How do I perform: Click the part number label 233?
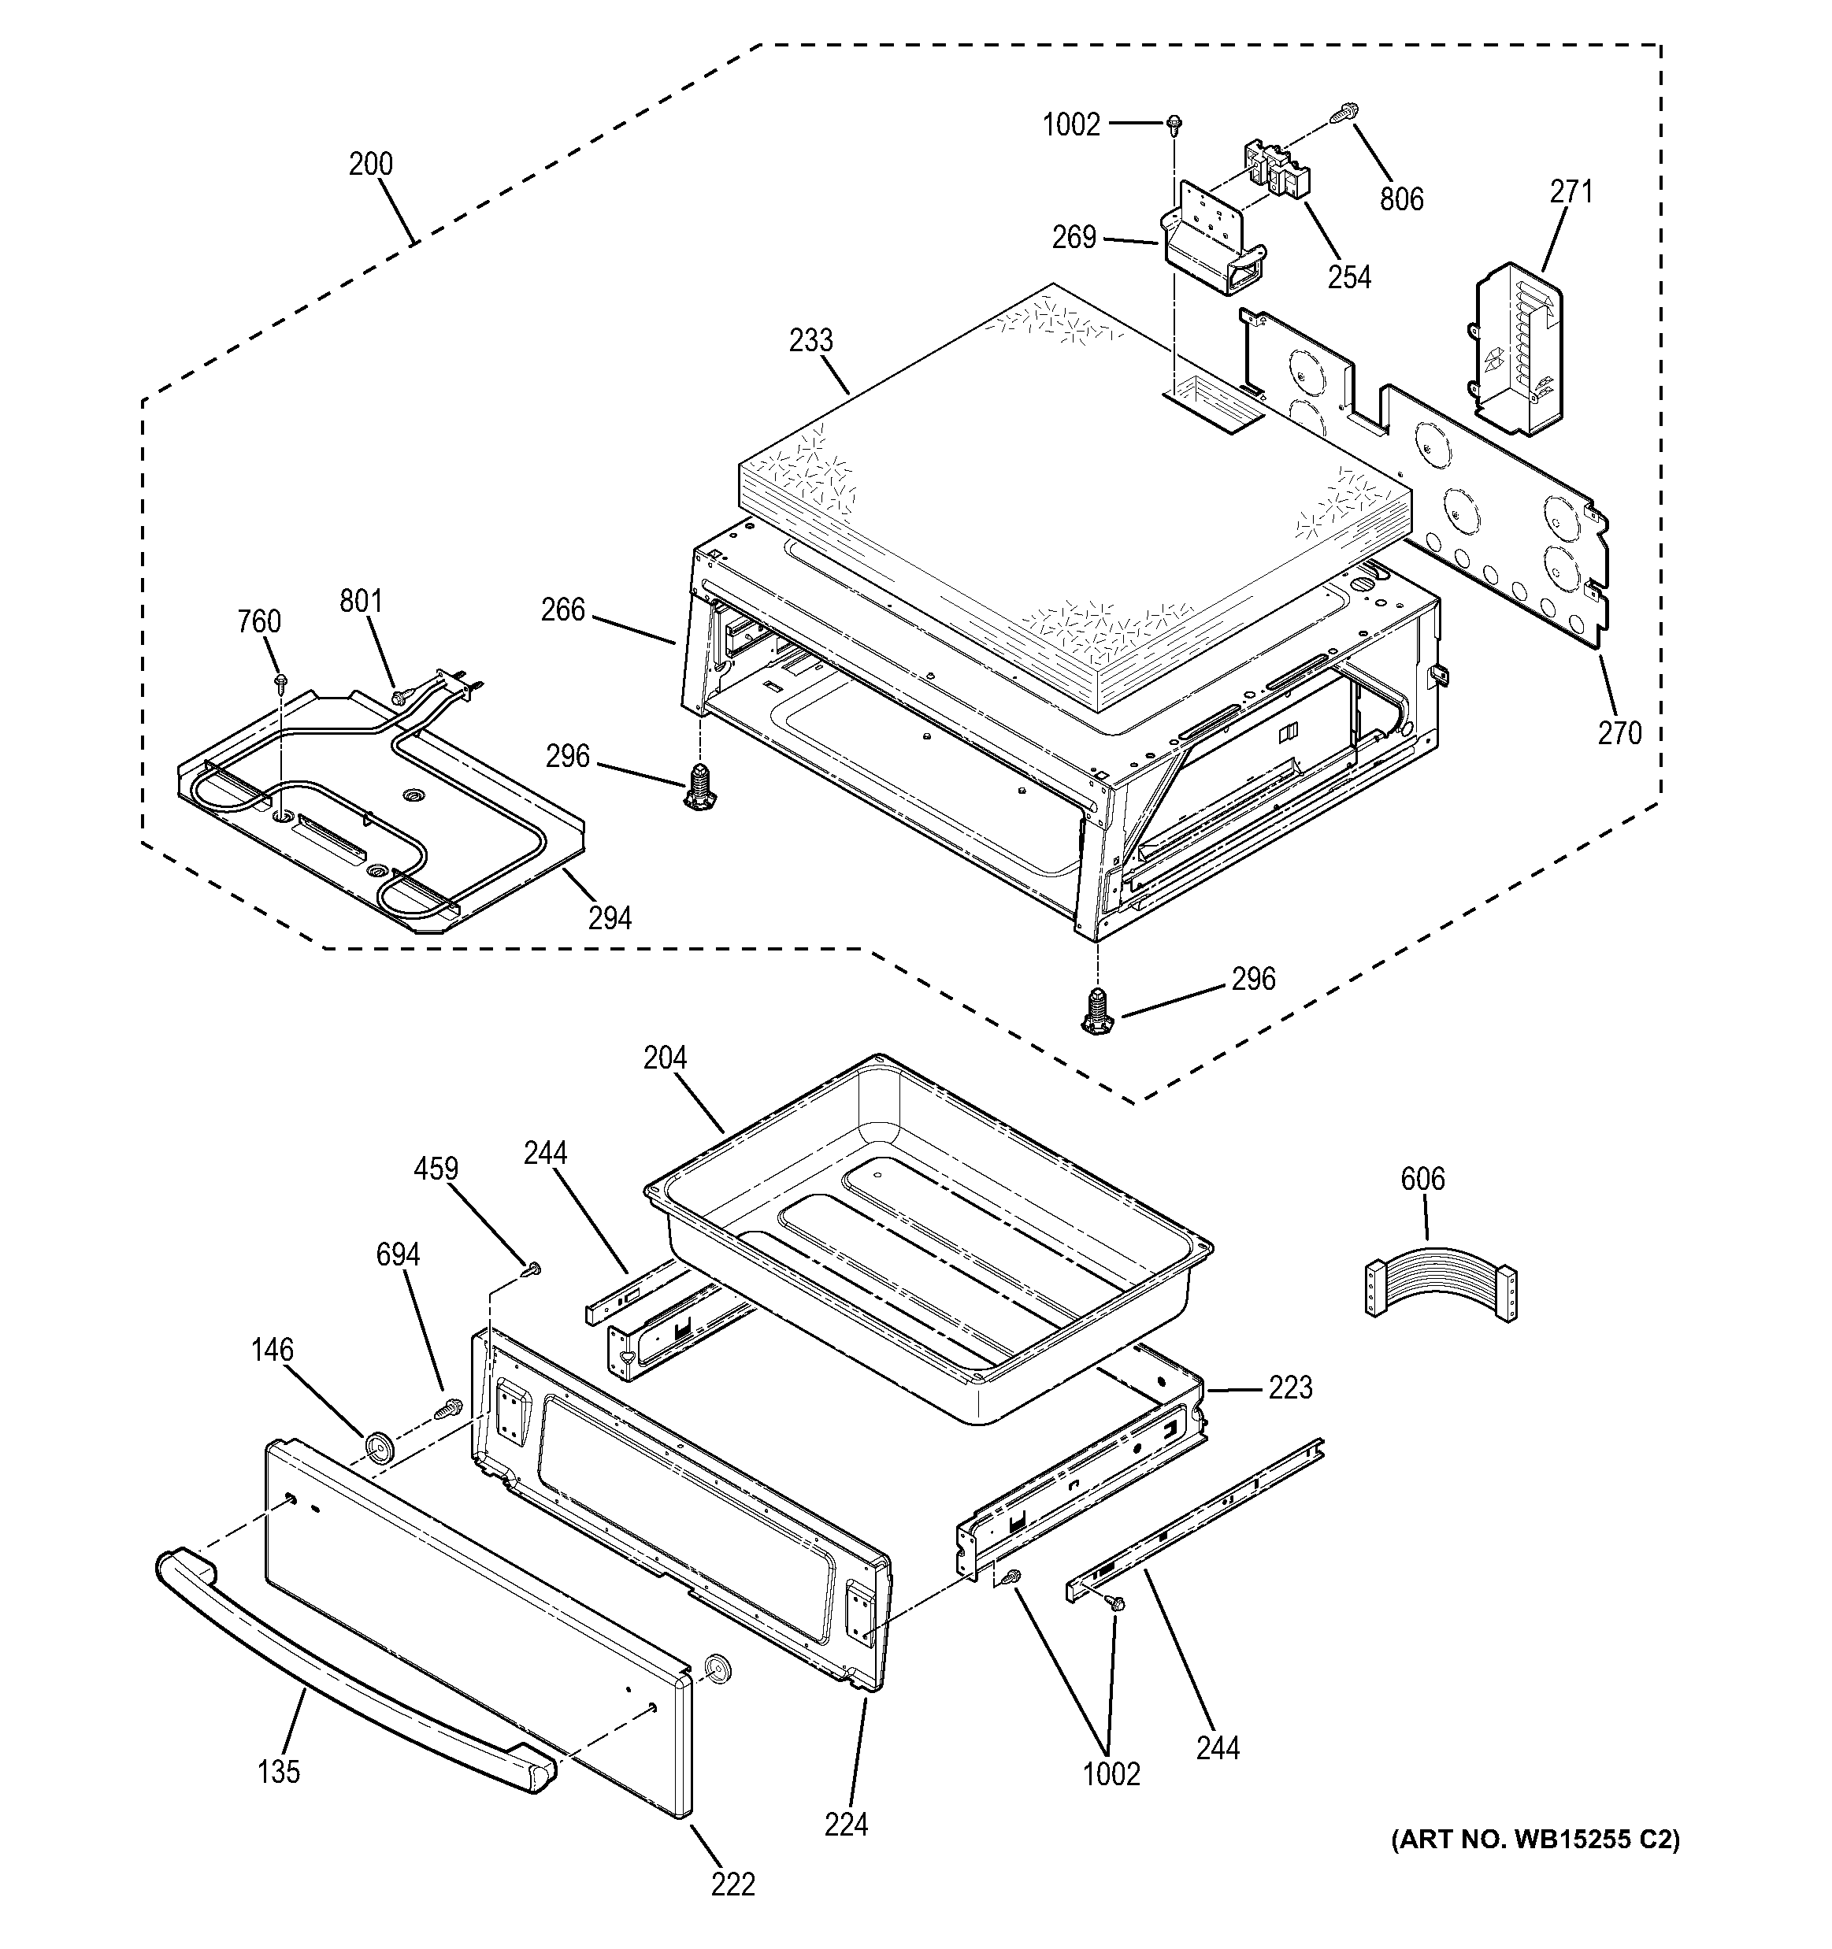811,341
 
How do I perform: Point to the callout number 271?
1571,192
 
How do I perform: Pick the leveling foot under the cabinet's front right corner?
1097,1013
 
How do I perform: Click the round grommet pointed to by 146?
377,1446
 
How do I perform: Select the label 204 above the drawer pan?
665,1058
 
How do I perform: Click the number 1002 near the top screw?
1071,125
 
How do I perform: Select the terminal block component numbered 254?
1276,168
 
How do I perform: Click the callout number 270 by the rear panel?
1619,732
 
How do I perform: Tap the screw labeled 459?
532,1269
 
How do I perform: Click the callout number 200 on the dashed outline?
371,164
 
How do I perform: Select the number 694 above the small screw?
399,1254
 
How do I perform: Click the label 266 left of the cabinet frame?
563,611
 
